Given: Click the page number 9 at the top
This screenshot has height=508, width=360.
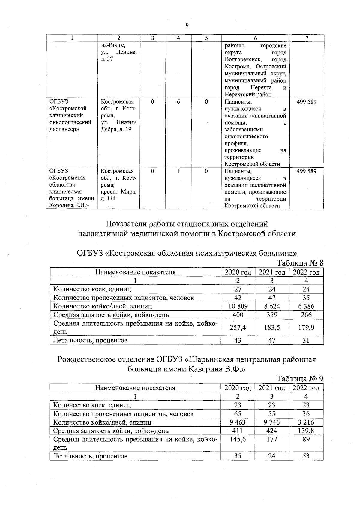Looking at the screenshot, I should [187, 25].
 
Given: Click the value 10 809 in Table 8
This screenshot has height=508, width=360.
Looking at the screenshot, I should [238, 306].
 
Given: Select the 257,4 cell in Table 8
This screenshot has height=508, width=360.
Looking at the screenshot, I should [238, 327].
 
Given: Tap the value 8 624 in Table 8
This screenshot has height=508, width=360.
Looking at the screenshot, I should [272, 306].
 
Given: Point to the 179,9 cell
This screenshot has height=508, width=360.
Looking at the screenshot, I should [306, 327].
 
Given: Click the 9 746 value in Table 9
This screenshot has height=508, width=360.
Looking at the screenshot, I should [272, 422].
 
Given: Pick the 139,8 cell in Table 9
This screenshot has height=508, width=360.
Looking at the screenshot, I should [306, 431].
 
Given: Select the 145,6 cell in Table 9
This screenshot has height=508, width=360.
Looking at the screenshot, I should [238, 439].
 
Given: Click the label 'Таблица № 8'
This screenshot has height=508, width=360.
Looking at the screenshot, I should [300, 263].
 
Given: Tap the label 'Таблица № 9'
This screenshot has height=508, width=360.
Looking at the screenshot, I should [300, 378].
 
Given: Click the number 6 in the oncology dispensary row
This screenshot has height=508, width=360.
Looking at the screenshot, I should [178, 102].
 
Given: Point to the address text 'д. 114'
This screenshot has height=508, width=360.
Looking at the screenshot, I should [108, 199].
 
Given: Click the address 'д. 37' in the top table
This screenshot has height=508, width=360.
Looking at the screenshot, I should [107, 59].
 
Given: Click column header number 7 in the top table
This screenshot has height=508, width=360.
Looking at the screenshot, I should [307, 38].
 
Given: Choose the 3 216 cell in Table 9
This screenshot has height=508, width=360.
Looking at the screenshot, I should [306, 422].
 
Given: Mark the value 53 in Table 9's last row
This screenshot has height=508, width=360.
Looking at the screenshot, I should [306, 456].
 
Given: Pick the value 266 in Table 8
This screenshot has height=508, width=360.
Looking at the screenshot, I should [306, 314].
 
